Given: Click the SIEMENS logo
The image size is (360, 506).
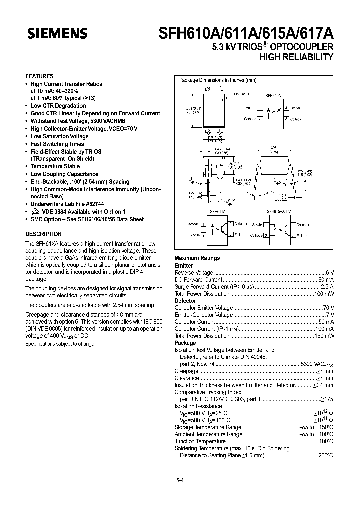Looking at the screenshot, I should click(57, 34).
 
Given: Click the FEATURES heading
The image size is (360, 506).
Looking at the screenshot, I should click(40, 76).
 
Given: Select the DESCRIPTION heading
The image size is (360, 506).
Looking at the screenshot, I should click(43, 234).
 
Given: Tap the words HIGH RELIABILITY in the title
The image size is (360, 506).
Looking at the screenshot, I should click(296, 57).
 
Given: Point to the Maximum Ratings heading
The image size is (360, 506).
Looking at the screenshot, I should click(197, 258).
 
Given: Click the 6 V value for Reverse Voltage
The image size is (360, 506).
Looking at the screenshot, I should click(329, 273).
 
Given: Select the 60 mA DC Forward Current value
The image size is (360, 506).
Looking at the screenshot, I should click(325, 280).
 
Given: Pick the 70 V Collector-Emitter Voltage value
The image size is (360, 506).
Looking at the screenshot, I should click(328, 308).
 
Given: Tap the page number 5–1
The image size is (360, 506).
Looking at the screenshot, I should click(180, 481).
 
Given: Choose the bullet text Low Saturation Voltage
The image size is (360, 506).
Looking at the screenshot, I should click(59, 136).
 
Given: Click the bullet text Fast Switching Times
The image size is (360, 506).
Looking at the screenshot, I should click(57, 144).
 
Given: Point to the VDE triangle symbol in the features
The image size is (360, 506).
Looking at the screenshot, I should click(34, 212).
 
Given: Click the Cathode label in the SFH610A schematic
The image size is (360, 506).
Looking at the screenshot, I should click(250, 119).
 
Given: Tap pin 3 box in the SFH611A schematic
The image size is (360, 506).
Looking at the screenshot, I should click(230, 235).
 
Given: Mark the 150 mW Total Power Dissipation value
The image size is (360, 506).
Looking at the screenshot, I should click(324, 336).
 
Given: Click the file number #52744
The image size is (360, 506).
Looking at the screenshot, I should click(91, 204).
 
